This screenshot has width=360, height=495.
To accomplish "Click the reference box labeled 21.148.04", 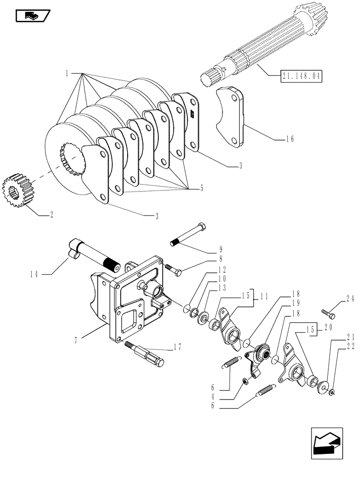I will coord(301,77).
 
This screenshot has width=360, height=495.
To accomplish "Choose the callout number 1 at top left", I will coord(66,73).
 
